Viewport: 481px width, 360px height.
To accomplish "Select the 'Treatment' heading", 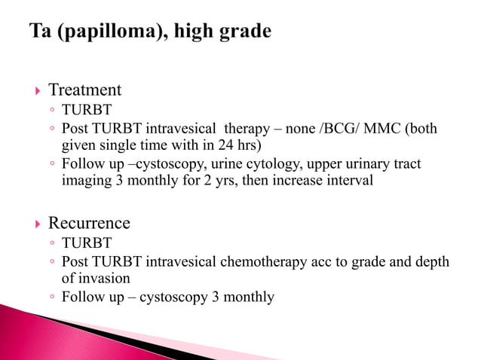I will click(x=84, y=90).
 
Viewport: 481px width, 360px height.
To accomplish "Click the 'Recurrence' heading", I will click(x=89, y=224).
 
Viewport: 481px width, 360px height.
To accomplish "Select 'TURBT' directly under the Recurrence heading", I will click(x=86, y=243).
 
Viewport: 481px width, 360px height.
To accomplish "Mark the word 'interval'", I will click(x=348, y=181).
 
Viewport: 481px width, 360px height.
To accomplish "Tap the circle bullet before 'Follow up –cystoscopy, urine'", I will click(x=51, y=164).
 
